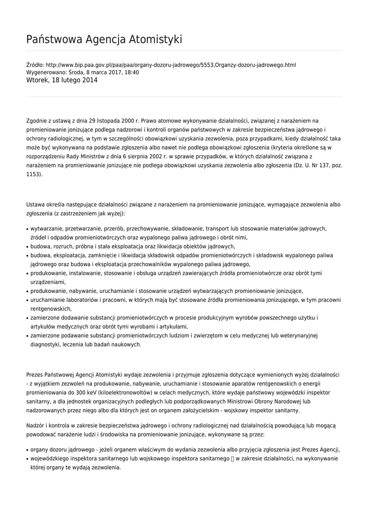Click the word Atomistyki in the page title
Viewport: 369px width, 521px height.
click(157, 39)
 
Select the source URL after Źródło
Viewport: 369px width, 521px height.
click(171, 65)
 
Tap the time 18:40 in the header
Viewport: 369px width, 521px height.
click(132, 73)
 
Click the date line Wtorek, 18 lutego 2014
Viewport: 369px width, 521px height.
click(62, 80)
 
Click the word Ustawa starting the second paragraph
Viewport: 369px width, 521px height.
click(36, 205)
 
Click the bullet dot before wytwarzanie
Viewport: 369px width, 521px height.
click(27, 229)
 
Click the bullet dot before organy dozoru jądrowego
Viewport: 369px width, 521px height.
click(27, 450)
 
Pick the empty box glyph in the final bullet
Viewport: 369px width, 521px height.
click(232, 458)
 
